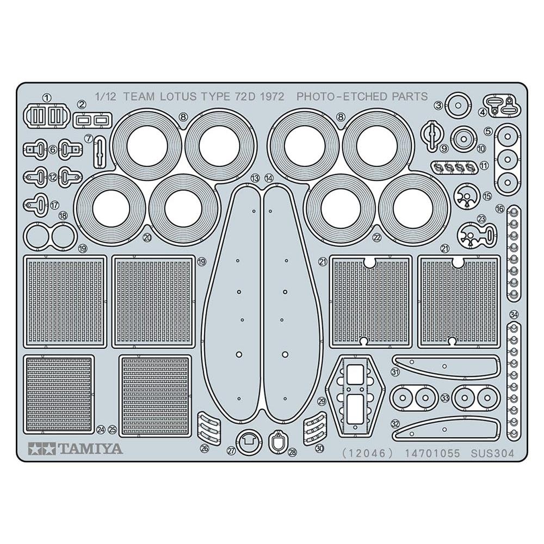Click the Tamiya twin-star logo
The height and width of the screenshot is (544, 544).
[42, 449]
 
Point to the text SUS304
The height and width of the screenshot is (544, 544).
[492, 453]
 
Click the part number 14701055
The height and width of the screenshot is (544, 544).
[432, 453]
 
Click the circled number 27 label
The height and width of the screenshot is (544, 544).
[231, 450]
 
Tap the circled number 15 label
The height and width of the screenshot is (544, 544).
[487, 196]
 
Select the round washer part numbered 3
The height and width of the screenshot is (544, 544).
[458, 105]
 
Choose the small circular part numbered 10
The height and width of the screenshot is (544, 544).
[462, 139]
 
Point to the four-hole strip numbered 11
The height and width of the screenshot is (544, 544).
[454, 168]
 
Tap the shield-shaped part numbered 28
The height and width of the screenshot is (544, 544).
[277, 441]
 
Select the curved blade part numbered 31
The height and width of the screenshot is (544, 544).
[447, 366]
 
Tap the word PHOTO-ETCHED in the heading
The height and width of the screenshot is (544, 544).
[343, 96]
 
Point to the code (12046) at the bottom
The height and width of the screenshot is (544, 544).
[368, 453]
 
